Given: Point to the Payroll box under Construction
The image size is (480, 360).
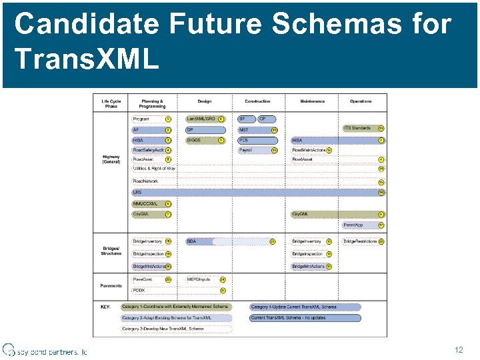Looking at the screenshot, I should tap(253, 150).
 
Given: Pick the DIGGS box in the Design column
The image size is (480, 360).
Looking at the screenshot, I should tap(200, 140).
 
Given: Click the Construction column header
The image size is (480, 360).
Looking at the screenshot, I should tap(257, 101).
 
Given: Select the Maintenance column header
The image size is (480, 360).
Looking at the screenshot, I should tap(312, 101).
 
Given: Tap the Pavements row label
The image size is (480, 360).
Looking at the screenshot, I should tap(111, 285).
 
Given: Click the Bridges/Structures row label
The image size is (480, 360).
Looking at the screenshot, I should tap(111, 251).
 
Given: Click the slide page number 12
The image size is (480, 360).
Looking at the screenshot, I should tap(458, 349).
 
